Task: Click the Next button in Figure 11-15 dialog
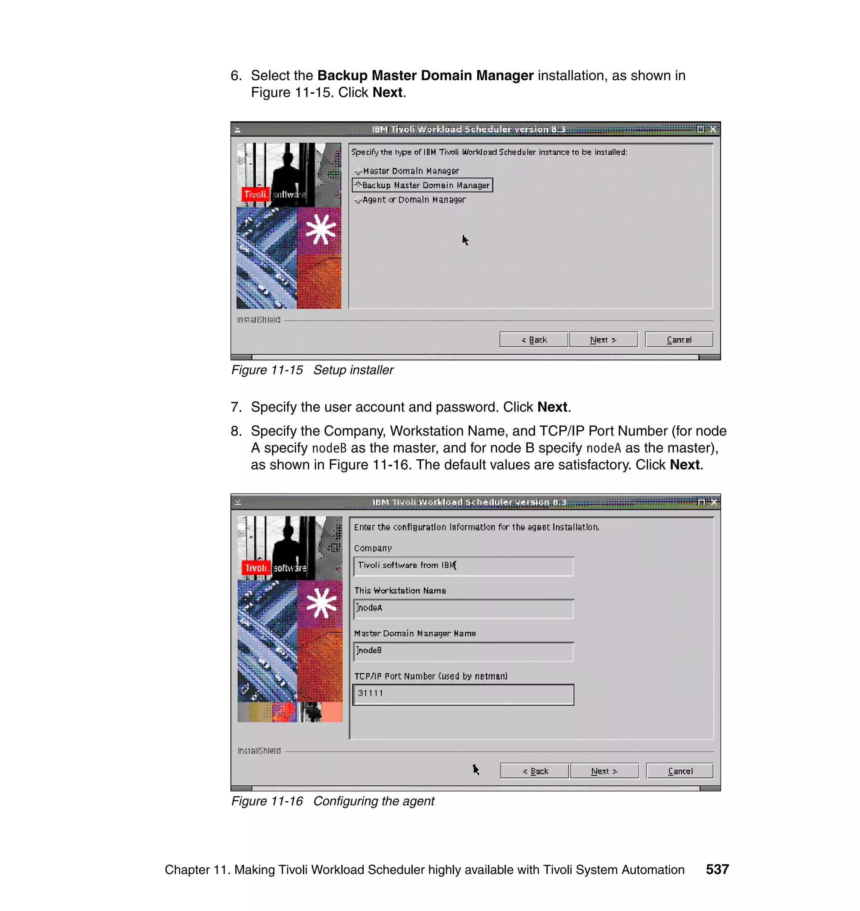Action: click(603, 340)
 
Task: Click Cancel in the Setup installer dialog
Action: click(679, 340)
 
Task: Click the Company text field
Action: click(463, 566)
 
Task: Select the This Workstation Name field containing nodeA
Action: click(463, 609)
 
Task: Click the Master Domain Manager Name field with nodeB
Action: click(463, 651)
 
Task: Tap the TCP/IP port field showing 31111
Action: click(463, 694)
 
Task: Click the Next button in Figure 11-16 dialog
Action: click(604, 771)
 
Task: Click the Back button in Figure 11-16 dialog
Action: click(535, 771)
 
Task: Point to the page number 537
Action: click(717, 869)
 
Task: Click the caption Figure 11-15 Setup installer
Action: click(312, 370)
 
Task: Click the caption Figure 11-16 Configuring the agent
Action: click(332, 801)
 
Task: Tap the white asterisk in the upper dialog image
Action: click(320, 230)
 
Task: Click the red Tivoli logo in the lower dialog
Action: click(255, 568)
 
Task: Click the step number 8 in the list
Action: click(236, 431)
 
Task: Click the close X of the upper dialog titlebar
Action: click(713, 129)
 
